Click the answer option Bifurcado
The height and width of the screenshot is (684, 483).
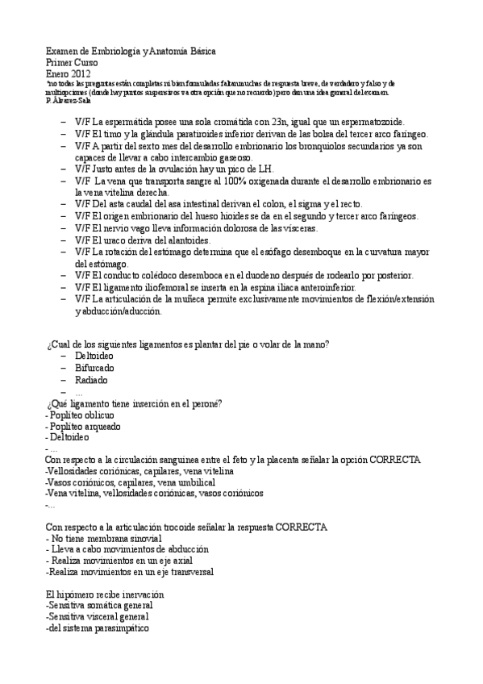[x=95, y=367]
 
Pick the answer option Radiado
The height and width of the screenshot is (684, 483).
[x=91, y=379]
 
